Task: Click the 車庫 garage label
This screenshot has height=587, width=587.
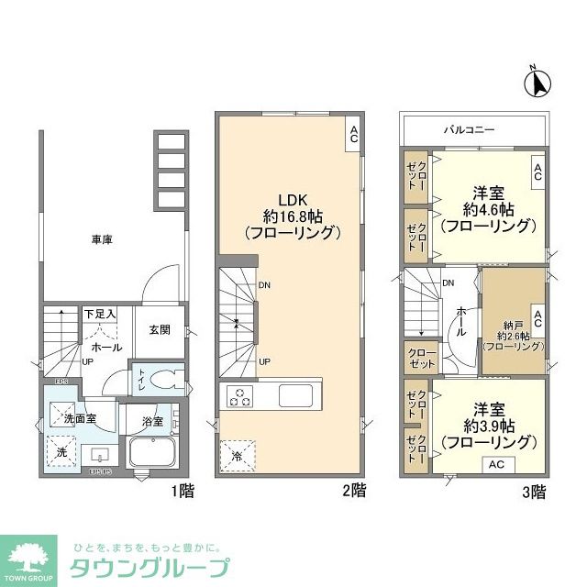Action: (102, 240)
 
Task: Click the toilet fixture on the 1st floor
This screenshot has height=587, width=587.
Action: (163, 380)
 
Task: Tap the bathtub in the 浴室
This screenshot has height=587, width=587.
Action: (154, 453)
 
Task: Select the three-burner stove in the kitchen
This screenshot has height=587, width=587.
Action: (240, 397)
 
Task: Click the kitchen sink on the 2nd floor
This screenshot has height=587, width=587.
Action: (297, 397)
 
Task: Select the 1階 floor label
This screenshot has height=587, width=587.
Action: (182, 492)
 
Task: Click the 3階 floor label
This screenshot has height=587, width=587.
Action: (532, 492)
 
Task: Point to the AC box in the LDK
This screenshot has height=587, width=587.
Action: (353, 135)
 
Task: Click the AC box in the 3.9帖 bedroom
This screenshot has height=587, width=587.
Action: (495, 465)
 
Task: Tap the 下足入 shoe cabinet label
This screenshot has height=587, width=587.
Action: (100, 315)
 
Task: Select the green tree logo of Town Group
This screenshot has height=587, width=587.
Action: (32, 554)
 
